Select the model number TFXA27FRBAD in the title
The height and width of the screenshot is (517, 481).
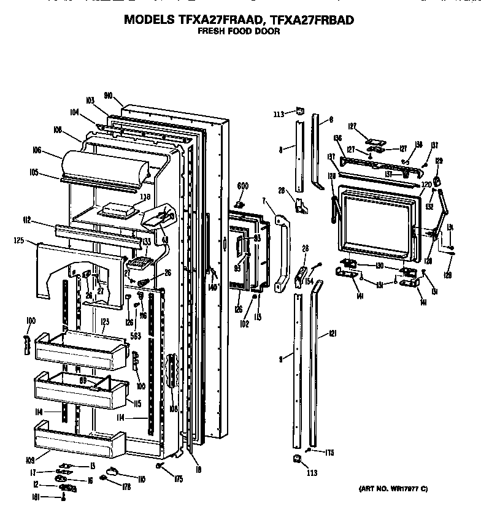coord(308,20)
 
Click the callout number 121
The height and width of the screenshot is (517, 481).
coord(333,334)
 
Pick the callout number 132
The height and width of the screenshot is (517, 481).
coord(429,207)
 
